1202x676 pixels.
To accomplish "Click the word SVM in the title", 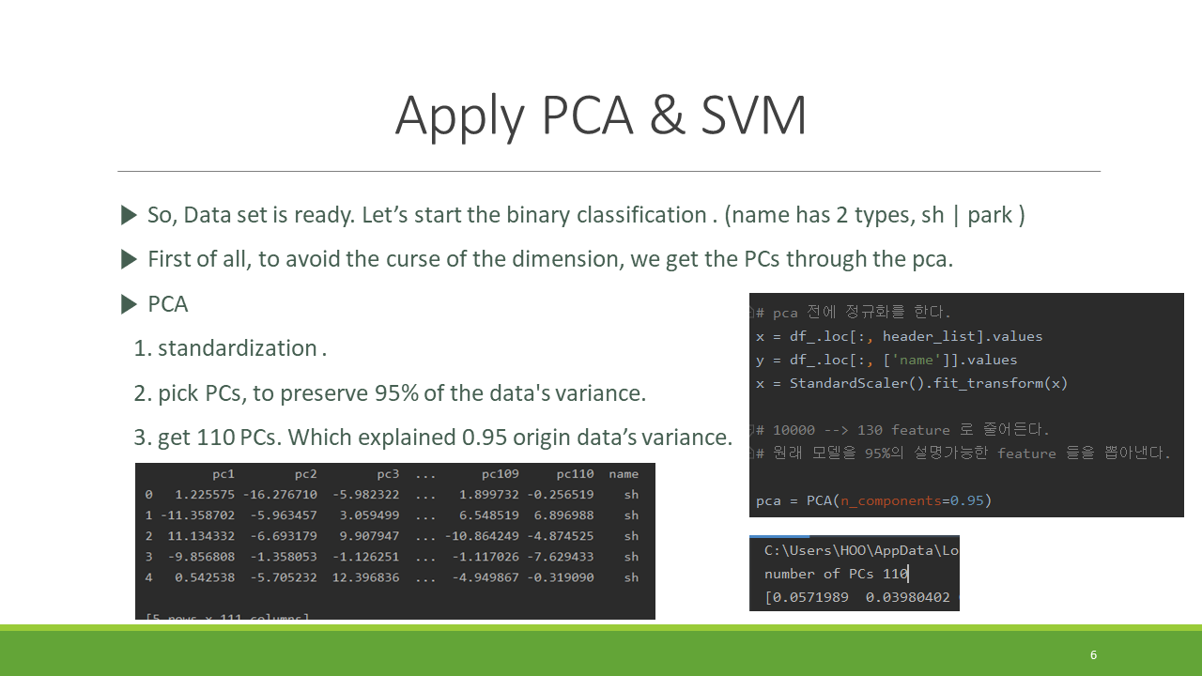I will tap(753, 116).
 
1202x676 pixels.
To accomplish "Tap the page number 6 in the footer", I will tap(1093, 654).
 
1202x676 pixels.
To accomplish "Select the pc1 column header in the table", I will tap(223, 474).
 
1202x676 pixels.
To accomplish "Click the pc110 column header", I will tap(575, 474).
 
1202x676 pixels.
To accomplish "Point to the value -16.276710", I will tap(280, 494).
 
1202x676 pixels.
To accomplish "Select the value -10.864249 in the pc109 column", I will tap(474, 535).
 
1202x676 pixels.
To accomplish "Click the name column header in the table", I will tap(624, 474).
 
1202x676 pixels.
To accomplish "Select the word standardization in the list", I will tap(237, 348).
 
